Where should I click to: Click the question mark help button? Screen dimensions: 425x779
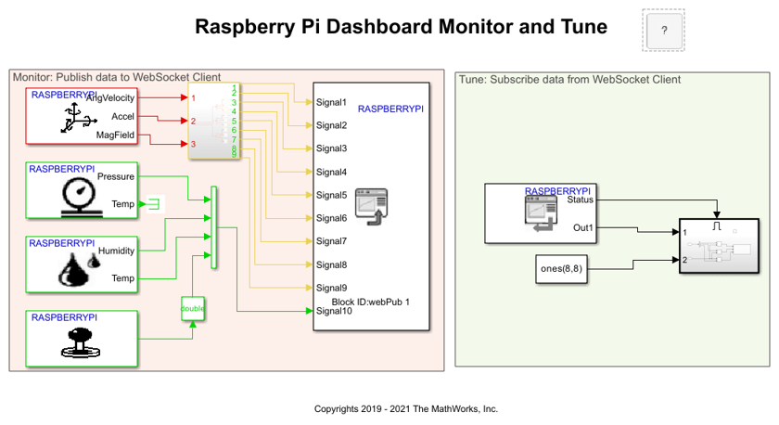pyautogui.click(x=664, y=31)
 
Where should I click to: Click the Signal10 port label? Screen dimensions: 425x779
pyautogui.click(x=335, y=311)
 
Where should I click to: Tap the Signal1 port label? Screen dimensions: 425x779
pyautogui.click(x=331, y=102)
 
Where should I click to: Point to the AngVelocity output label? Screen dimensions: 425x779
pyautogui.click(x=110, y=97)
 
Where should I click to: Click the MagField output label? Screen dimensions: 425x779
pyautogui.click(x=115, y=135)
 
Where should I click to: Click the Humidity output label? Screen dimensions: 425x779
pyautogui.click(x=116, y=251)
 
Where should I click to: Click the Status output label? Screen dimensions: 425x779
pyautogui.click(x=580, y=199)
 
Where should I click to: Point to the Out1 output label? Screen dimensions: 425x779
pyautogui.click(x=583, y=227)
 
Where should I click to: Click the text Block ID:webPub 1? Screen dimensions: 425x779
pyautogui.click(x=370, y=302)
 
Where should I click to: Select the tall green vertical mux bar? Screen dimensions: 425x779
pyautogui.click(x=214, y=227)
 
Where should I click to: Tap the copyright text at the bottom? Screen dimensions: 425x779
pyautogui.click(x=406, y=408)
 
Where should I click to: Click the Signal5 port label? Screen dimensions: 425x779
pyautogui.click(x=331, y=195)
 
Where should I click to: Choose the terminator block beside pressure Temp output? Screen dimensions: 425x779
pyautogui.click(x=154, y=202)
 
